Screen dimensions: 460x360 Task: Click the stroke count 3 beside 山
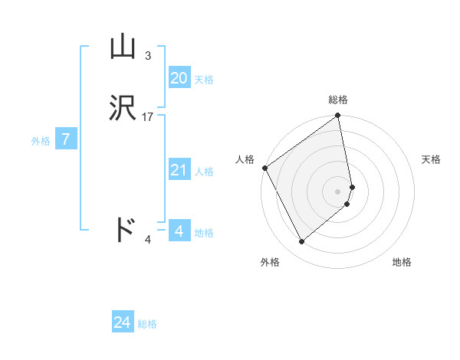[148, 56]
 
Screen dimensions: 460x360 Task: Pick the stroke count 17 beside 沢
[148, 117]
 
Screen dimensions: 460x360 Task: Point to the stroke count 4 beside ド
[148, 240]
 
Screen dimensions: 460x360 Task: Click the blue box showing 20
[179, 77]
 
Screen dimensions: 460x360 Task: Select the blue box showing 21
[179, 170]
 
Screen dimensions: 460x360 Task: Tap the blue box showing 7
[67, 139]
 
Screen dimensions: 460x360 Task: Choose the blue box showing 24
[123, 322]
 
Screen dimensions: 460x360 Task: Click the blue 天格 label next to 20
[204, 80]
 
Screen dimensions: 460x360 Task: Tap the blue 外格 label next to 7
[41, 141]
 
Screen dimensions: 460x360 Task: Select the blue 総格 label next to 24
[147, 324]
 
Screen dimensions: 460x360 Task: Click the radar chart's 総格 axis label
[338, 100]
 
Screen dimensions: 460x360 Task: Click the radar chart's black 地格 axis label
[402, 262]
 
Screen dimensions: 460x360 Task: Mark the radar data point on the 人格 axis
[264, 168]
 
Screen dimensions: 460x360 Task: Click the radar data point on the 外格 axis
[301, 242]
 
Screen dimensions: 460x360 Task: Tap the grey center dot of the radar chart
[338, 191]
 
